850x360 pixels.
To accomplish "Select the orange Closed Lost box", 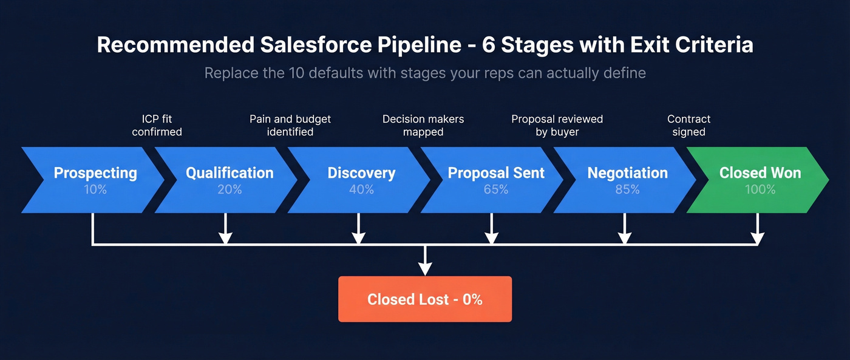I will pos(425,299).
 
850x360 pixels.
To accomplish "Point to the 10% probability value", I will pos(95,189).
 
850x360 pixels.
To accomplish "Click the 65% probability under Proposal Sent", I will pos(496,189).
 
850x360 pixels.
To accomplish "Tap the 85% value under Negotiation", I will pos(627,189).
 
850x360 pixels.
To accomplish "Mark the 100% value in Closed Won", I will pos(760,189).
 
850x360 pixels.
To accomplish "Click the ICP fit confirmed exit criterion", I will pos(157,125).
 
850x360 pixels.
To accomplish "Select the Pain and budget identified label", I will pos(290,125).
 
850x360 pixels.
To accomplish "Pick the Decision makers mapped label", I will pos(423,125).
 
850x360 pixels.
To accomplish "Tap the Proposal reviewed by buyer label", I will pos(557,125).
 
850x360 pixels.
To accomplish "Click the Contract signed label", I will pos(688,125).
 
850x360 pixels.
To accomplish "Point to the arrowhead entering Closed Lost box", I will pos(425,269).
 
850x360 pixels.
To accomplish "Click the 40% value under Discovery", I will pos(361,189).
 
